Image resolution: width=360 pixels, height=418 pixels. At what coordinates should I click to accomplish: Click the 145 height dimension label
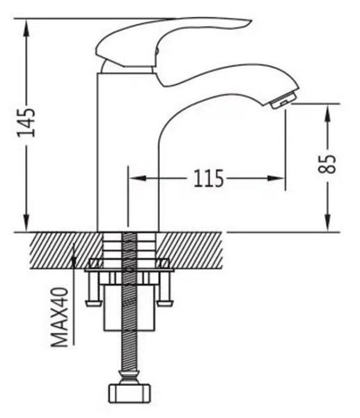point(26,123)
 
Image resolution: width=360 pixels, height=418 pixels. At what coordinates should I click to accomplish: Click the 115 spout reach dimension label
point(208,178)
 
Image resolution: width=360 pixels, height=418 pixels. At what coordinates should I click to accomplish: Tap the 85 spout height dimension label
point(327,164)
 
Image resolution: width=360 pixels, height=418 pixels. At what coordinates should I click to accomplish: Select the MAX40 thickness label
point(60,317)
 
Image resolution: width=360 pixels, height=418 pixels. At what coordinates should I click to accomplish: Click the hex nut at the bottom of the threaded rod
point(130,394)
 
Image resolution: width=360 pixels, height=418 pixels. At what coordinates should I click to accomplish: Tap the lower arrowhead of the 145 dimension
point(26,222)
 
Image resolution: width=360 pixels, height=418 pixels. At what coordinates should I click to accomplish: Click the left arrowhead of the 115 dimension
point(137,178)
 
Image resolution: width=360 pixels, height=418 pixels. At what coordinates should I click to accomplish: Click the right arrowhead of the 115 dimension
point(276,178)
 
